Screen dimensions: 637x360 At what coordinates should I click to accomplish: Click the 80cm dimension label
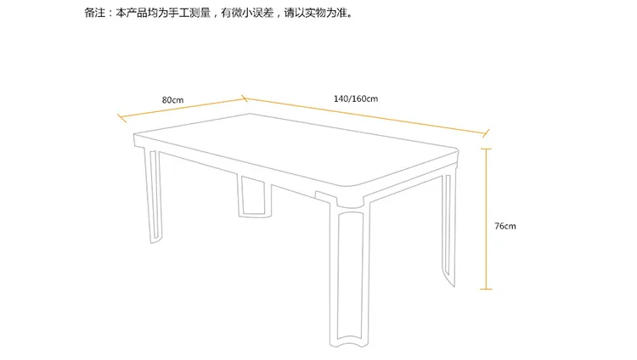coord(172,100)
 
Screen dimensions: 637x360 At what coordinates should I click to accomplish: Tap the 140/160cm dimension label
coord(356,98)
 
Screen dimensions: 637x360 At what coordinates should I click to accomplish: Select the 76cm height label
coord(505,226)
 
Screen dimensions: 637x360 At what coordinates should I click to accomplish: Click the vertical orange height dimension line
coord(487,219)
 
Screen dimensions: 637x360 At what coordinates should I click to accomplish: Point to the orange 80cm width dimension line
coord(183,108)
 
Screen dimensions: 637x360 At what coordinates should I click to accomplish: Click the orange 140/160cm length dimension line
coord(365,115)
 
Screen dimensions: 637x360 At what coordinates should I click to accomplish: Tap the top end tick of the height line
coord(487,149)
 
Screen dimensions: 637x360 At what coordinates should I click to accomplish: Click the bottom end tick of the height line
coord(487,290)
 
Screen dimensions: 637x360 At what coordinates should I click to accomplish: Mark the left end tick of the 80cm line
coord(121,118)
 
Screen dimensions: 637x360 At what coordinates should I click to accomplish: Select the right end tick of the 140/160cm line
coord(486,133)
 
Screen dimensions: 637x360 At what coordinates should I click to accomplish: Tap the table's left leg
coord(152,196)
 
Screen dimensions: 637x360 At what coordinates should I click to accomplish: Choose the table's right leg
coord(449,228)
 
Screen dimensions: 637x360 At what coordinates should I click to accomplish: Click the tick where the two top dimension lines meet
coord(245,98)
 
